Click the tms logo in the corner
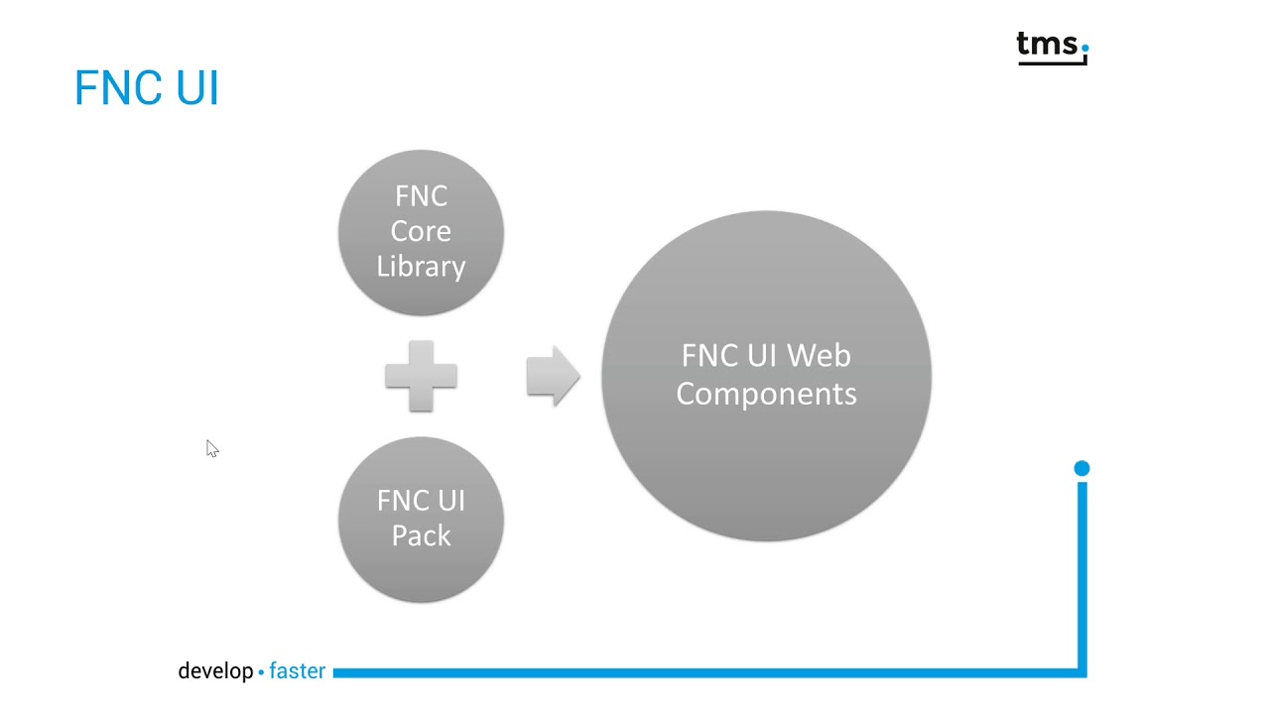tap(1052, 48)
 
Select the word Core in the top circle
tap(421, 231)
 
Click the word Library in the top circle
tap(421, 267)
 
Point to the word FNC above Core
tap(421, 196)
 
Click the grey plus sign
tap(421, 376)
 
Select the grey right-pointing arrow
tap(553, 376)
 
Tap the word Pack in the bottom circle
tap(421, 535)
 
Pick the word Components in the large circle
tap(766, 394)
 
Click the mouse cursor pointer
tap(211, 448)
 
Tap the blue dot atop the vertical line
tap(1081, 468)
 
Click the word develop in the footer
tap(215, 671)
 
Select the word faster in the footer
tap(297, 671)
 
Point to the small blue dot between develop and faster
tap(261, 672)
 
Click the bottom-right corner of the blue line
tap(1081, 672)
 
